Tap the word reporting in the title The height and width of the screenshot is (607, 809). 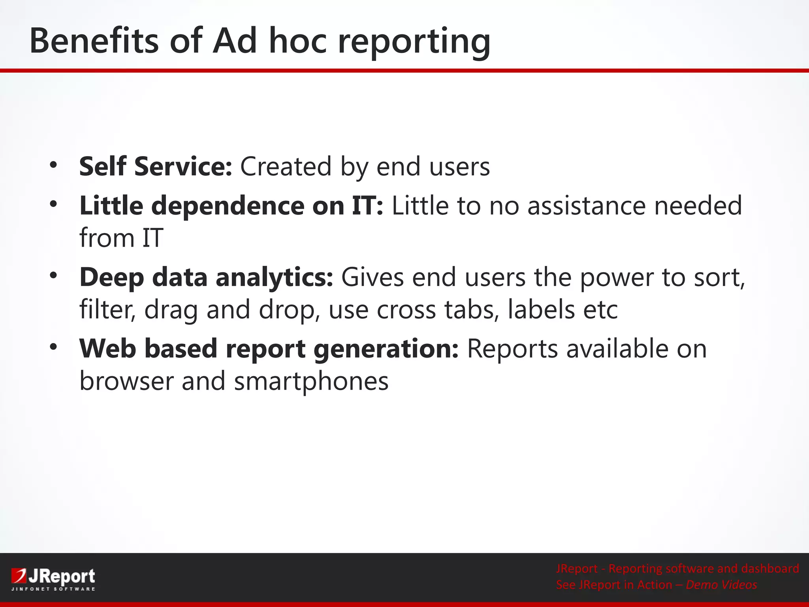414,41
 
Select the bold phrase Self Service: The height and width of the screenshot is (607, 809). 156,166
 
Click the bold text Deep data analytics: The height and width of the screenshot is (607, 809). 206,277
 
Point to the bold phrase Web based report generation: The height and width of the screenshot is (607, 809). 269,349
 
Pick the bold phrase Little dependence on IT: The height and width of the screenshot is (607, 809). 231,206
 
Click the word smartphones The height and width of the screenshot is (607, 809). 311,381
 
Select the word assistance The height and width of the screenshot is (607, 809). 586,206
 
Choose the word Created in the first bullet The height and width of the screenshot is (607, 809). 286,166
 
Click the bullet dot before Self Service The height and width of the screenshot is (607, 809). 53,164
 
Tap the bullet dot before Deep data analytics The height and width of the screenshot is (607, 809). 53,275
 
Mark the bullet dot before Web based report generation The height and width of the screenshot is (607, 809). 53,347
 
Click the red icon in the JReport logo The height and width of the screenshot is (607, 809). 19,575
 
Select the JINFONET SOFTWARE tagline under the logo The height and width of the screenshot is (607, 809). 53,589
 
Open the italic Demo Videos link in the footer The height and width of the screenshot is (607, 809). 721,585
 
